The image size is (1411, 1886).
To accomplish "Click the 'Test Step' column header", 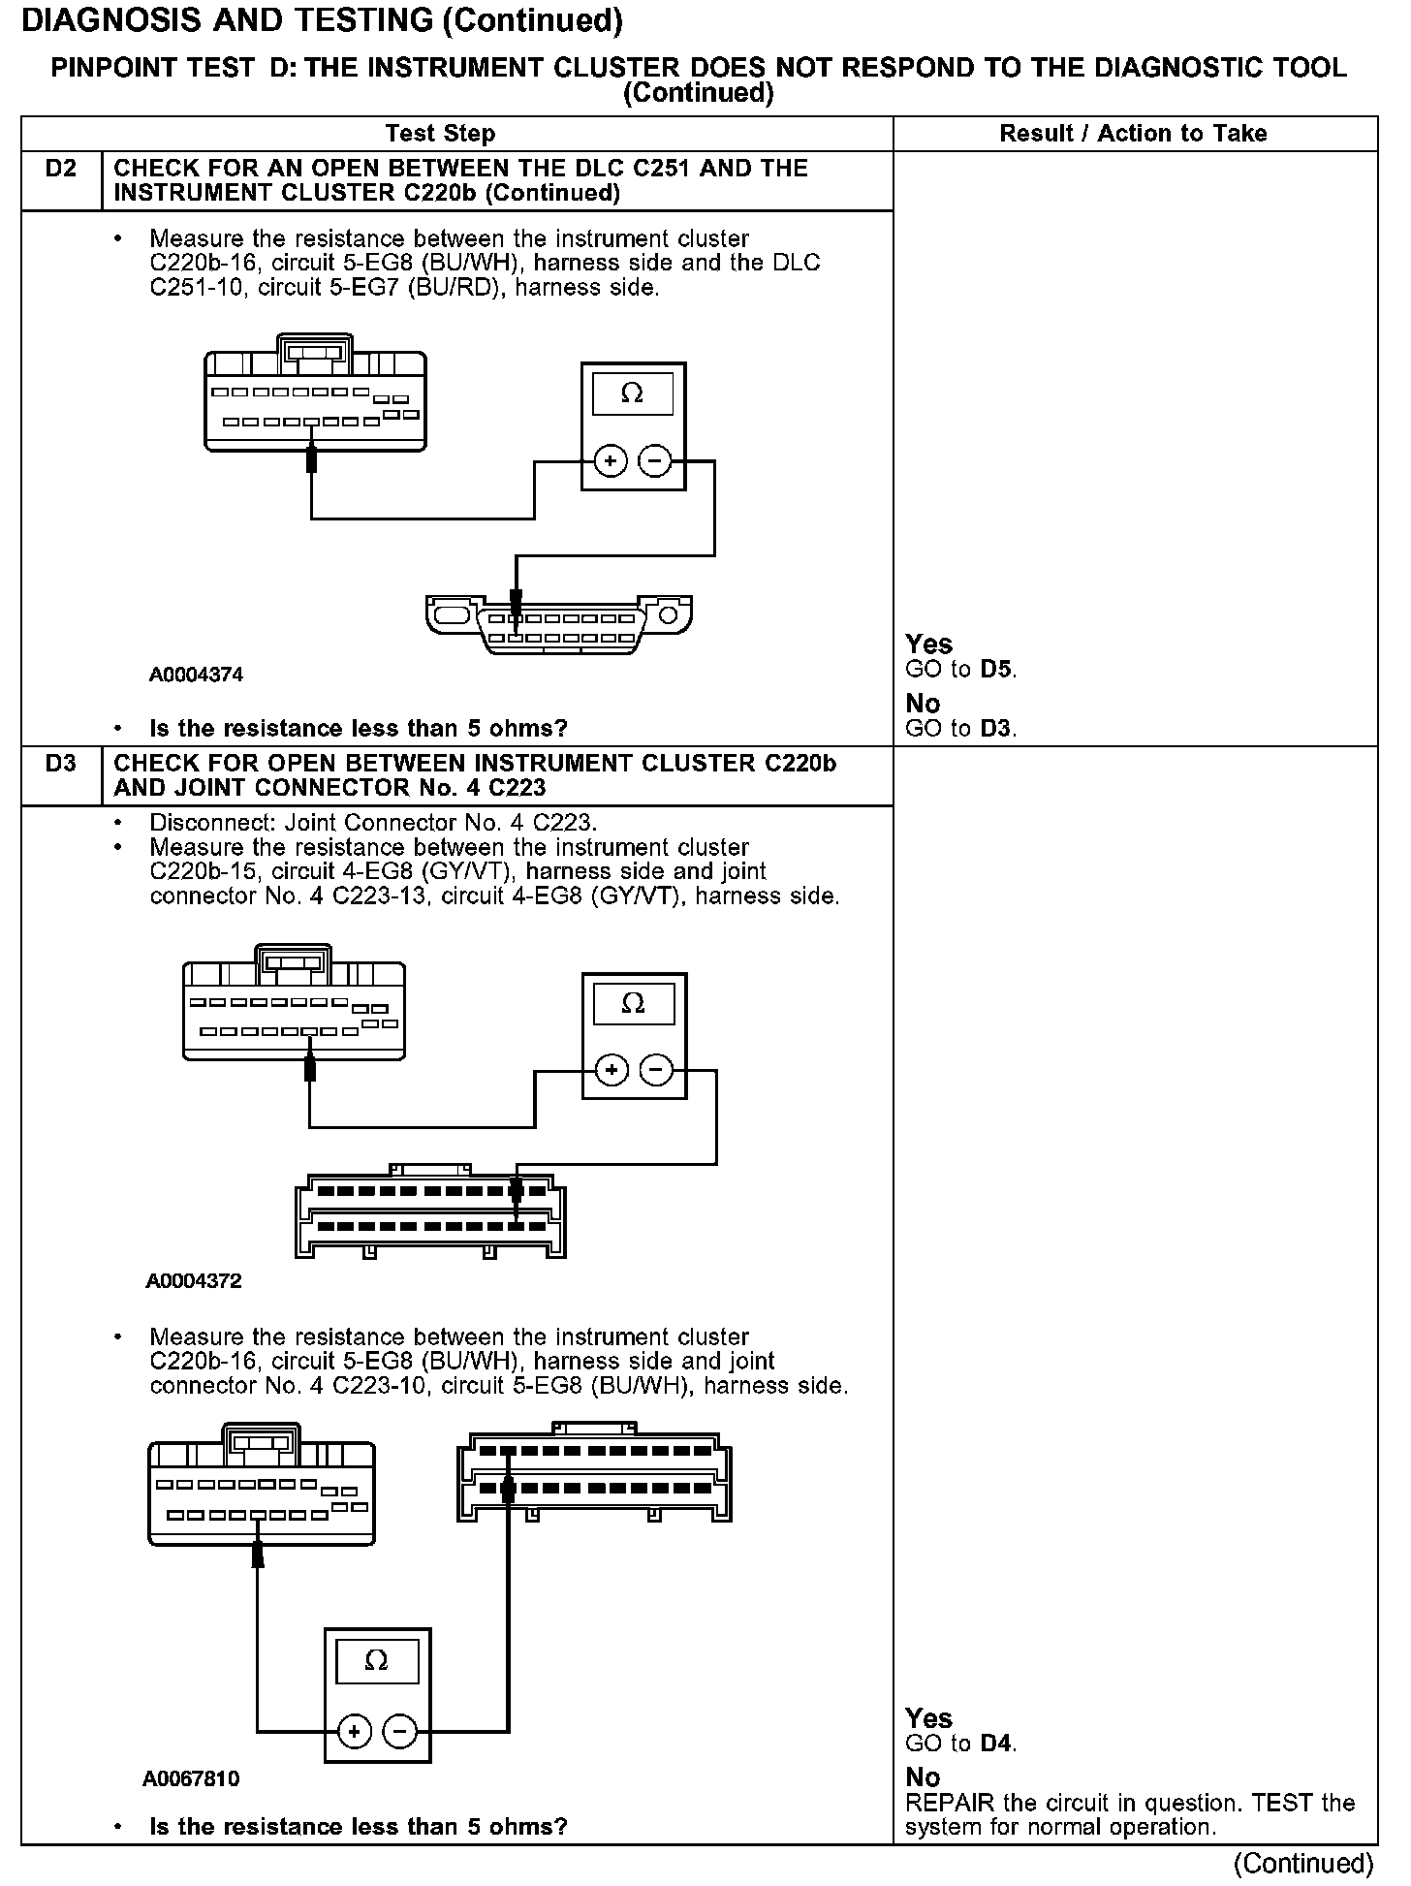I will click(440, 134).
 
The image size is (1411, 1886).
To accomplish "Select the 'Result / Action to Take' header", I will click(1133, 134).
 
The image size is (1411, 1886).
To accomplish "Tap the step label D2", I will click(60, 169).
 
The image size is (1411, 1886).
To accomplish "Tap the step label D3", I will click(60, 764).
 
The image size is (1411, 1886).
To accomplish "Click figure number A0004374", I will click(196, 675).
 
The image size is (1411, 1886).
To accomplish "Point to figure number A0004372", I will click(194, 1281).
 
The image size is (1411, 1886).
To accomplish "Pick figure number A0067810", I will click(191, 1779).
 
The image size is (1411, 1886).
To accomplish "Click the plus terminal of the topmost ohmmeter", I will click(611, 461).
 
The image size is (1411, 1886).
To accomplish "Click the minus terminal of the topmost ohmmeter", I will click(656, 461).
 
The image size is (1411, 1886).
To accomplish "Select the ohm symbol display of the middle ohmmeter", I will click(633, 1004).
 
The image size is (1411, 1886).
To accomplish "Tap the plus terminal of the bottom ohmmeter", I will click(355, 1731).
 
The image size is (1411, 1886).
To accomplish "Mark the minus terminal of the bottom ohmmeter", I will click(400, 1731).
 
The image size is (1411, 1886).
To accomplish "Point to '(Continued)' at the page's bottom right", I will click(1303, 1863).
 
